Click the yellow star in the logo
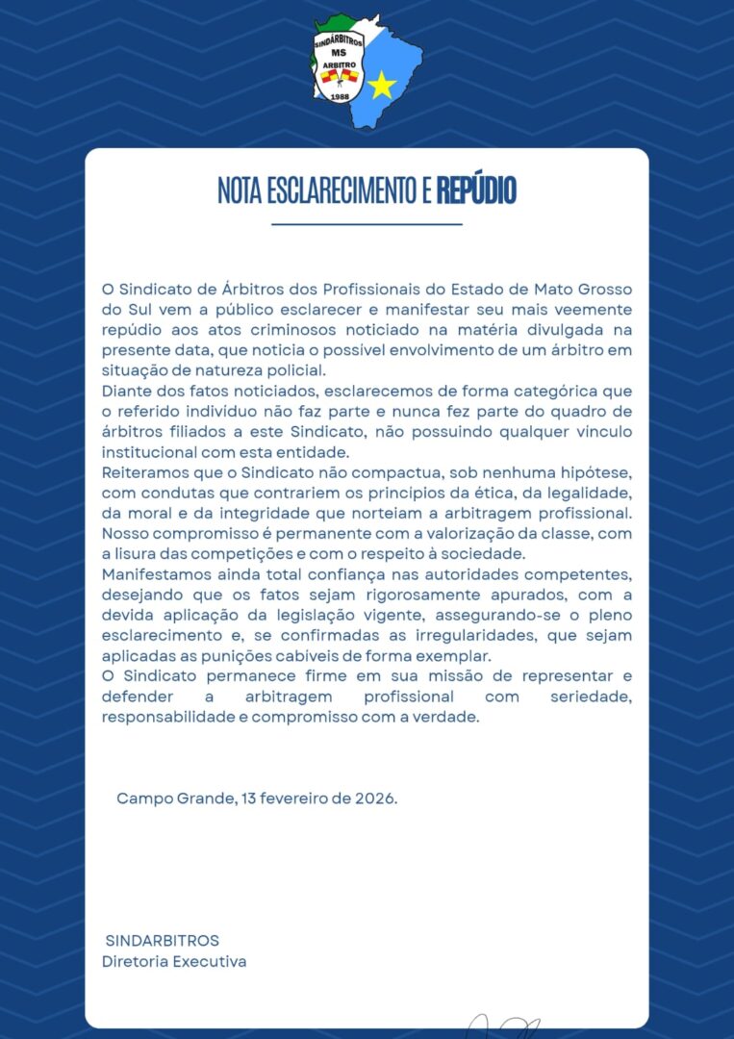[x=382, y=86]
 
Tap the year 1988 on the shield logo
[x=339, y=97]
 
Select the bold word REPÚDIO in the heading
[x=476, y=190]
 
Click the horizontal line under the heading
[x=367, y=224]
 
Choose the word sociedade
[x=486, y=553]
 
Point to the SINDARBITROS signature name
[x=163, y=940]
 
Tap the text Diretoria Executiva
[x=174, y=961]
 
